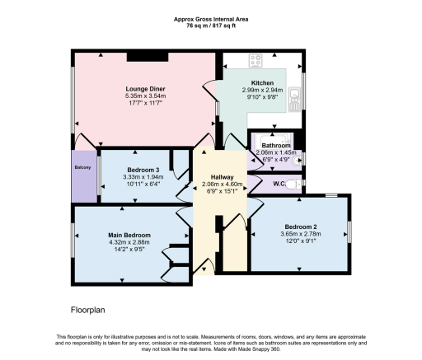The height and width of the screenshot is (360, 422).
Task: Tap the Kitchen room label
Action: pyautogui.click(x=261, y=82)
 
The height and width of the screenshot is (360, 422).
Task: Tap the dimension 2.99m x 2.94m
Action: pyautogui.click(x=261, y=91)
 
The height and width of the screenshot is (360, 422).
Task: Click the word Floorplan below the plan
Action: pyautogui.click(x=88, y=311)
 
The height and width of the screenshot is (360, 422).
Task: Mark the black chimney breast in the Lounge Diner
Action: pyautogui.click(x=148, y=56)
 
